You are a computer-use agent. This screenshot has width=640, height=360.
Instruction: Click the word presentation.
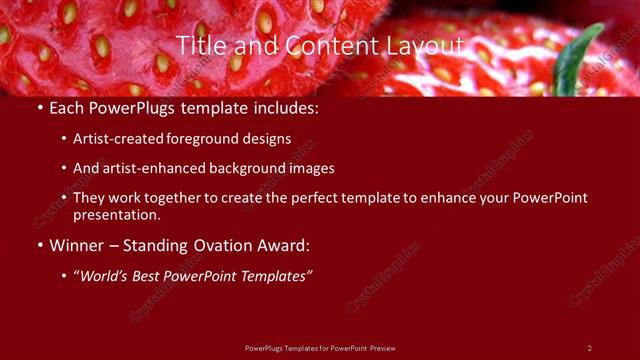tap(117, 214)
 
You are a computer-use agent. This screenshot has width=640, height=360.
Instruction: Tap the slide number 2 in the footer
tap(589, 348)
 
